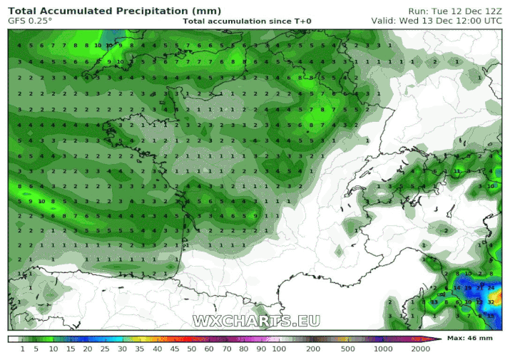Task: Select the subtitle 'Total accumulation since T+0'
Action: click(x=247, y=21)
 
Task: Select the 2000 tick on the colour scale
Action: click(x=420, y=349)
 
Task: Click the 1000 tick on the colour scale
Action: click(x=384, y=349)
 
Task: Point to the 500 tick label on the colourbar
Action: click(x=348, y=349)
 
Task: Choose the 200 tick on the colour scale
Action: click(x=312, y=349)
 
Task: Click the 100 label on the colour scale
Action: click(x=278, y=349)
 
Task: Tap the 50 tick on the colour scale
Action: click(x=192, y=349)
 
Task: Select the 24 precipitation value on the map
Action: click(x=491, y=287)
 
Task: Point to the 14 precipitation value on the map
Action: click(x=457, y=287)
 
